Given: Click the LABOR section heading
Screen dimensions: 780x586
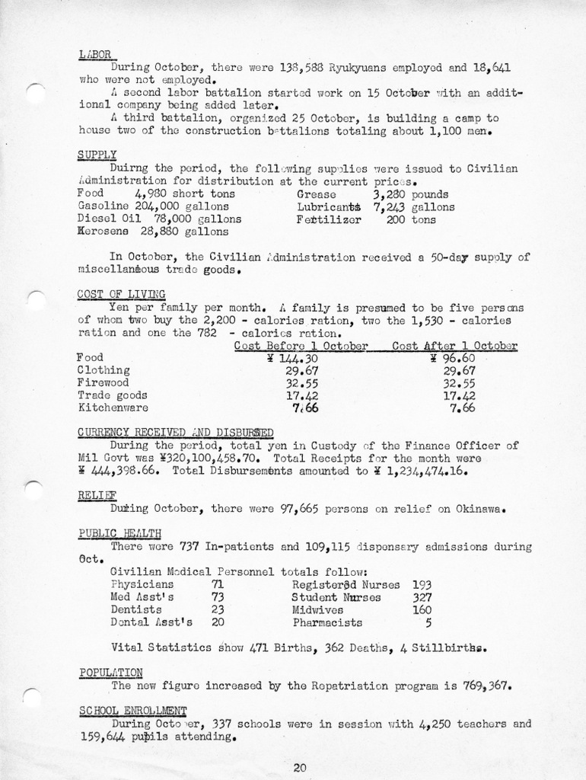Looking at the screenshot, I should pyautogui.click(x=95, y=54).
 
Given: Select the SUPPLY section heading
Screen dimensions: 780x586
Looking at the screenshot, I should pyautogui.click(x=97, y=155).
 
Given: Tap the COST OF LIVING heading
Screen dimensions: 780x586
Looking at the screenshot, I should pyautogui.click(x=122, y=294).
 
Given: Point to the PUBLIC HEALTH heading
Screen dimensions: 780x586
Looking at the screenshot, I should pyautogui.click(x=119, y=532).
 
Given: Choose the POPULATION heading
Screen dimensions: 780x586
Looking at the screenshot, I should pyautogui.click(x=110, y=672).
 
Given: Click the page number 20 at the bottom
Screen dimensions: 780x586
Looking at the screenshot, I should pyautogui.click(x=299, y=767).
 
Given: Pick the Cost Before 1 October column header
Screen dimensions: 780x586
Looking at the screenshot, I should pyautogui.click(x=301, y=345).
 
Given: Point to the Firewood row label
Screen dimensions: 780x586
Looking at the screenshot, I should pyautogui.click(x=104, y=382).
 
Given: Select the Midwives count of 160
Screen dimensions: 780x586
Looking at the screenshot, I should pyautogui.click(x=422, y=609).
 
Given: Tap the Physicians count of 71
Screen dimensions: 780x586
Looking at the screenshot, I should pyautogui.click(x=217, y=584).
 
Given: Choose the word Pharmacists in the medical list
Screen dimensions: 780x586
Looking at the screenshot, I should pyautogui.click(x=327, y=622).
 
